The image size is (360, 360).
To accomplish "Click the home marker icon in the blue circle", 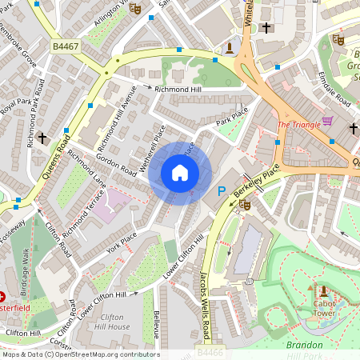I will pyautogui.click(x=180, y=173).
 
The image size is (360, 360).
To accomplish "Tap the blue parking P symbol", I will pyautogui.click(x=222, y=191).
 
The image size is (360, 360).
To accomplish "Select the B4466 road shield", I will pyautogui.click(x=210, y=351).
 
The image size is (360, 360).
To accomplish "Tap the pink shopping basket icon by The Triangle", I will pyautogui.click(x=327, y=122).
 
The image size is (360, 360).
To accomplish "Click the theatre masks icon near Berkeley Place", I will pyautogui.click(x=245, y=205).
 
